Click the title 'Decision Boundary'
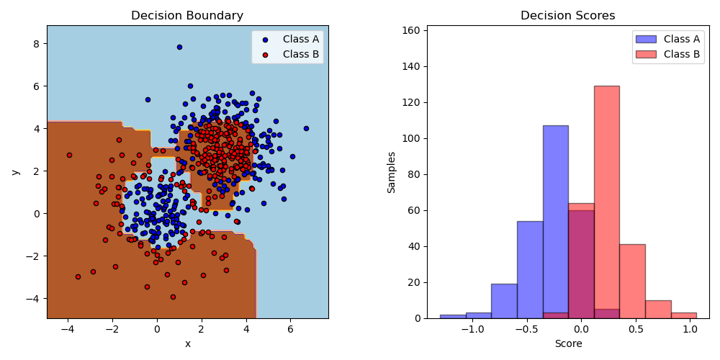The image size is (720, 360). click(187, 16)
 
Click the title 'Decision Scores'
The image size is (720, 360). click(567, 16)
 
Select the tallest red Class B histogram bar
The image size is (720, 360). click(606, 202)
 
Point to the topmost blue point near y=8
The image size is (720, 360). click(179, 47)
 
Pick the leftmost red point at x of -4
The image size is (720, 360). click(69, 155)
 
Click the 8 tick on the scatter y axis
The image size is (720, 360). click(37, 43)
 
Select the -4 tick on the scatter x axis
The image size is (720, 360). click(68, 330)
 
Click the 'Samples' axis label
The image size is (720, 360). click(392, 171)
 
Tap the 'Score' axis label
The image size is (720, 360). click(567, 344)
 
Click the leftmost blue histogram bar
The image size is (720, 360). click(453, 316)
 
